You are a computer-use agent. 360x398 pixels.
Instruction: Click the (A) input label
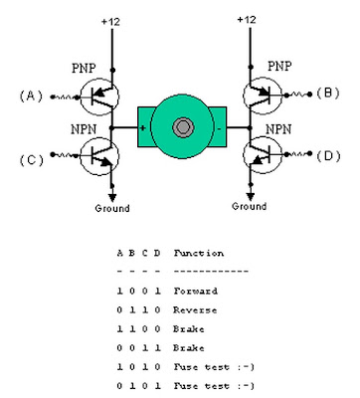[31, 97]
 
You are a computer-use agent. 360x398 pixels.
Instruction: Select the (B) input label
[328, 93]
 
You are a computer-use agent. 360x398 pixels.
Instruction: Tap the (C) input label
[32, 160]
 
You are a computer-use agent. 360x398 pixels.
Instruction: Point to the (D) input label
[328, 156]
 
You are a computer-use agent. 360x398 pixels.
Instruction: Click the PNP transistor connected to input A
[99, 97]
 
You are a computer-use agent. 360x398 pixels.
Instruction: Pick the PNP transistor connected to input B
[263, 96]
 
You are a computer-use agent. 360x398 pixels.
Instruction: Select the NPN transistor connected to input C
[99, 156]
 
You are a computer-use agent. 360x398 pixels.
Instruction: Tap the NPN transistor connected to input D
[263, 154]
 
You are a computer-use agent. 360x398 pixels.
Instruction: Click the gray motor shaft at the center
[182, 127]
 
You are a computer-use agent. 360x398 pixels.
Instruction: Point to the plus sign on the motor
[143, 127]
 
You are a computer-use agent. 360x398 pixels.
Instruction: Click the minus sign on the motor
[219, 128]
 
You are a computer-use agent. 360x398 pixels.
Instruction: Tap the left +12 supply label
[110, 22]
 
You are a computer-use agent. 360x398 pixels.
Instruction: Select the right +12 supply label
[247, 20]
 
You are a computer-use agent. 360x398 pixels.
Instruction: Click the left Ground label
[112, 209]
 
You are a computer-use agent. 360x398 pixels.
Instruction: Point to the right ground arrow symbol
[251, 197]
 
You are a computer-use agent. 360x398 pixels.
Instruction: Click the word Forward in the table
[196, 291]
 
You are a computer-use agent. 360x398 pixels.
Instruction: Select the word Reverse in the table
[195, 310]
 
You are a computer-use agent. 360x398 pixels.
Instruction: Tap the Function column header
[199, 254]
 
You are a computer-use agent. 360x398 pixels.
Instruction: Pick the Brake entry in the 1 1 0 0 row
[188, 329]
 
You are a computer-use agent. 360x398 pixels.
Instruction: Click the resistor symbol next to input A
[65, 98]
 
